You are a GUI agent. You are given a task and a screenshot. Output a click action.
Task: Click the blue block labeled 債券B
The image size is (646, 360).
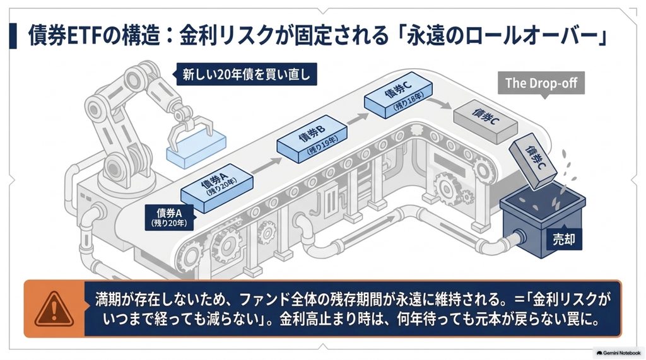tap(312, 139)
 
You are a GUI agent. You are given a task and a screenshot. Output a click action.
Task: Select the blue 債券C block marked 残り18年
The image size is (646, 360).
tap(399, 95)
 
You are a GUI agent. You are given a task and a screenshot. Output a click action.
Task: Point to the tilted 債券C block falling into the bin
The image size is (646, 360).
tap(533, 161)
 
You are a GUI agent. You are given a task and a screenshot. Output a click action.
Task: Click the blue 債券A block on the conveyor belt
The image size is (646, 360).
tap(217, 187)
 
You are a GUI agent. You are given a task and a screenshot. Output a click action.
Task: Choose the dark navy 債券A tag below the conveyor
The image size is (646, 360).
tap(169, 218)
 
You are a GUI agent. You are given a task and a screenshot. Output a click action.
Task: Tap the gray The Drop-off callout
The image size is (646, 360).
tap(541, 84)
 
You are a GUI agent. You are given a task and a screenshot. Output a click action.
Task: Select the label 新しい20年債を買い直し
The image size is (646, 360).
tap(247, 74)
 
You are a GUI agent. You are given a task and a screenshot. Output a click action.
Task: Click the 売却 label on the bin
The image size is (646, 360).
tap(564, 239)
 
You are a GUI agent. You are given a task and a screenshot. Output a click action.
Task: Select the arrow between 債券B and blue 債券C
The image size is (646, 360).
tap(357, 119)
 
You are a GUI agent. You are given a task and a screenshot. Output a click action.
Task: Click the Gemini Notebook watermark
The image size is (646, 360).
tap(618, 353)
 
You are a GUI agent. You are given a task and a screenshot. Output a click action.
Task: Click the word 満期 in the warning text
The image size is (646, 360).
tap(109, 299)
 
